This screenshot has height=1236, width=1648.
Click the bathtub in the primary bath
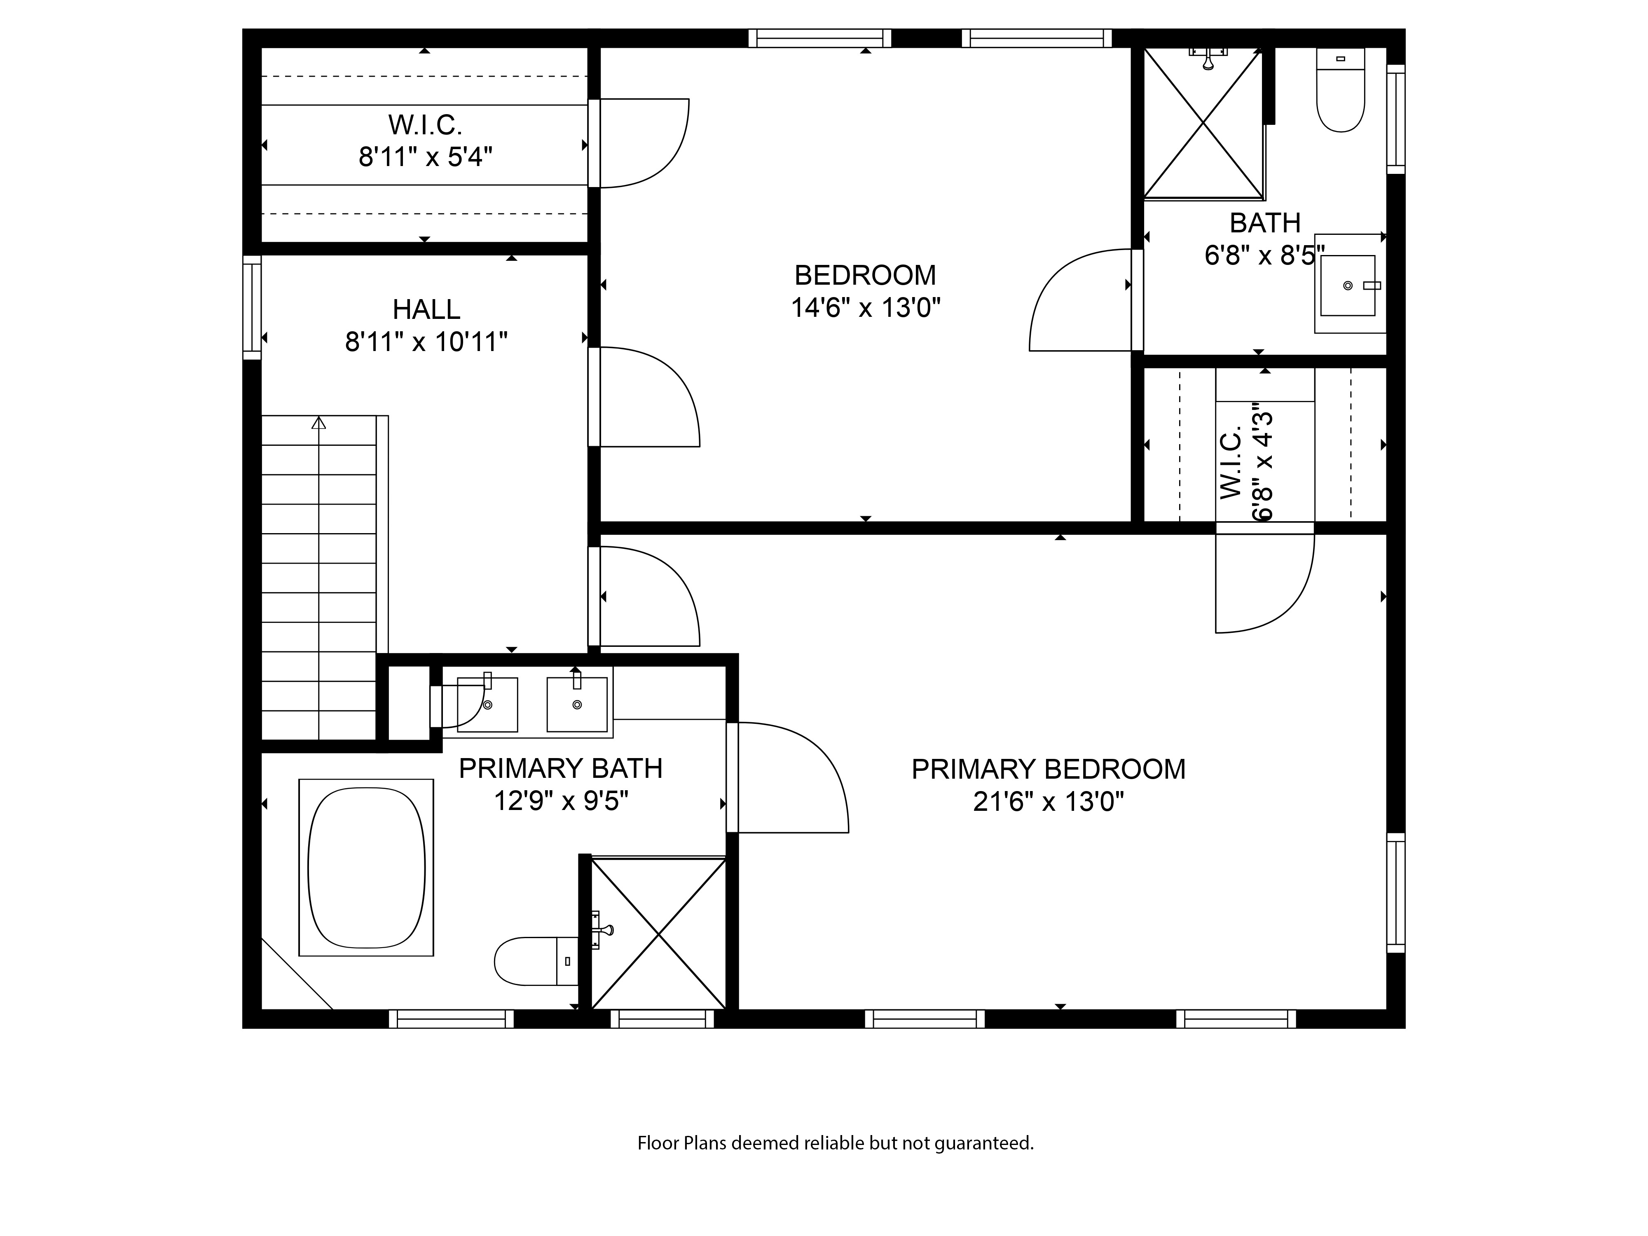(366, 867)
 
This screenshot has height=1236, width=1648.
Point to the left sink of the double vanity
(487, 704)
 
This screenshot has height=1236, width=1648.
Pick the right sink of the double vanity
(577, 704)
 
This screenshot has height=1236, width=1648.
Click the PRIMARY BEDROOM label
(1048, 769)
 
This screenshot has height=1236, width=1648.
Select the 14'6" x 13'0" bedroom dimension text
(866, 308)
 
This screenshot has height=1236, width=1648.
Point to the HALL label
(426, 309)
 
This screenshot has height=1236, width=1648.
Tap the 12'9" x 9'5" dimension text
(561, 801)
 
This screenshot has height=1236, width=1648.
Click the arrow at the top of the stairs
(319, 422)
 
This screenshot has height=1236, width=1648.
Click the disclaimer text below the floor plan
(835, 1143)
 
